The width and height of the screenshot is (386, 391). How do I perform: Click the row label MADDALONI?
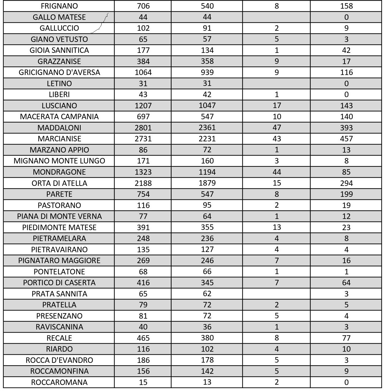59,128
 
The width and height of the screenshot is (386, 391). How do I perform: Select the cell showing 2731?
143,139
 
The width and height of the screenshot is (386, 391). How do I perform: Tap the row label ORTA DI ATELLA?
59,183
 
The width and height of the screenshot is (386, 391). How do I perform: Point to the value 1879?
207,183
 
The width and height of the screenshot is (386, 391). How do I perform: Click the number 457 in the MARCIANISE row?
346,139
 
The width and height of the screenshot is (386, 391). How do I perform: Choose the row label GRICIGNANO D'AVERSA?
59,72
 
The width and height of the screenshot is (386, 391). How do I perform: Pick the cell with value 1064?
143,72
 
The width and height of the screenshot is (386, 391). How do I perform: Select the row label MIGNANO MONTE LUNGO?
59,161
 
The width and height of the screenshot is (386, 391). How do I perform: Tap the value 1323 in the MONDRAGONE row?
143,172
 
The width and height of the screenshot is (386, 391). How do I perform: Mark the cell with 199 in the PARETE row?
346,194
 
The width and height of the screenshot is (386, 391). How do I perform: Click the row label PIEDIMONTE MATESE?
59,228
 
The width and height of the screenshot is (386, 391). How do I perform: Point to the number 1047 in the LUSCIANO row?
207,105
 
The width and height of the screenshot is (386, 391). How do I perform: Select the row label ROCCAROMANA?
59,382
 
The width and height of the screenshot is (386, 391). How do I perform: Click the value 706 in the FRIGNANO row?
143,6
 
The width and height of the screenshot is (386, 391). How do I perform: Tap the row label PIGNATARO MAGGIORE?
59,261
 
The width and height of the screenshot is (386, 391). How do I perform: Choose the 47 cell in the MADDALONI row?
277,128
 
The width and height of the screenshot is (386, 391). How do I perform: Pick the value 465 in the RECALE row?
143,338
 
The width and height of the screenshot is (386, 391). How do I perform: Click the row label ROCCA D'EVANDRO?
59,360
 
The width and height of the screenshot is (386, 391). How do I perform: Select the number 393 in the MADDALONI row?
346,128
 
